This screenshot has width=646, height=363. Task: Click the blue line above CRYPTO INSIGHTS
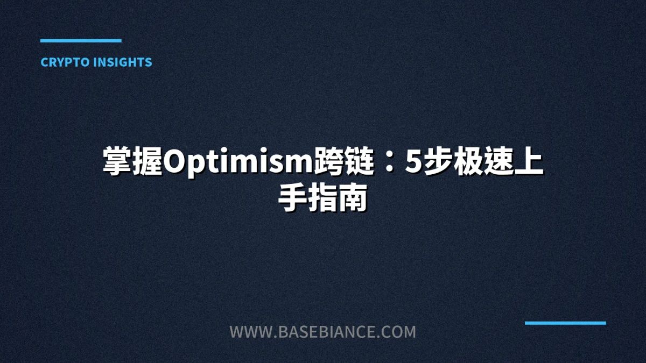[81, 40]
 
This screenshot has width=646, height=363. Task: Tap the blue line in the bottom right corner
[565, 323]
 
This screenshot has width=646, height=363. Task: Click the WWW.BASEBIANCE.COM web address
[323, 332]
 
